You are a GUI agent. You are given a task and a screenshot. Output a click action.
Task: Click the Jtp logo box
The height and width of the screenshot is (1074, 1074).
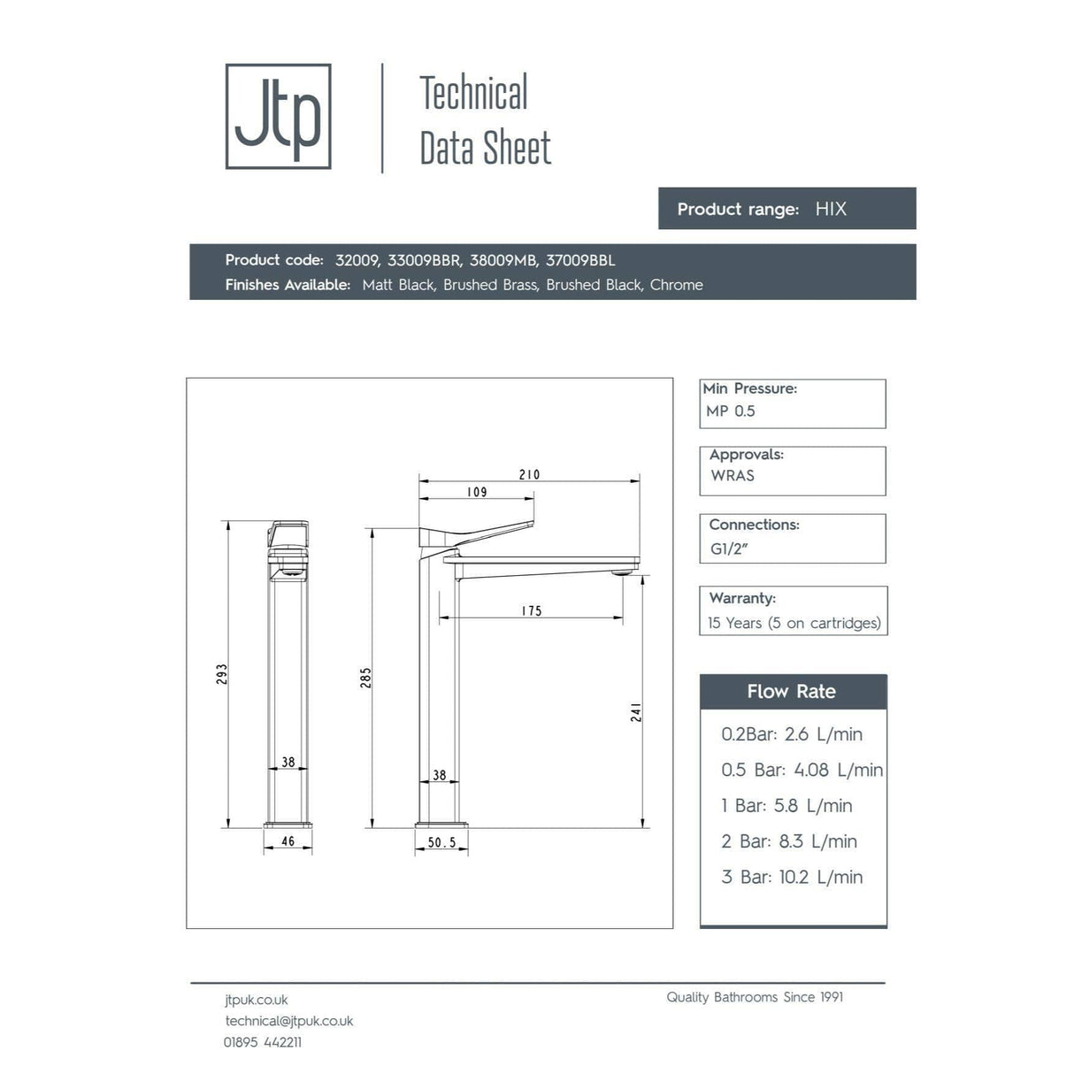coord(278,116)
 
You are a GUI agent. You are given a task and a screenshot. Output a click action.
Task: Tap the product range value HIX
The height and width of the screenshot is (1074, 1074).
coord(831,209)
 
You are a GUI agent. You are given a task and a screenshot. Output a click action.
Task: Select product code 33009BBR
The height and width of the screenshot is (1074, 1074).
coord(424,260)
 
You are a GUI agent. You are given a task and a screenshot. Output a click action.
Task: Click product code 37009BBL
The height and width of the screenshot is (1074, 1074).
coord(580,260)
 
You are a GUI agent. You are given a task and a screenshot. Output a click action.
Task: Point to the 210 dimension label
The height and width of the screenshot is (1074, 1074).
coord(529,474)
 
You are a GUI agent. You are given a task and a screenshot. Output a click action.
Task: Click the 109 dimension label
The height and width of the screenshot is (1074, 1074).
coord(477,492)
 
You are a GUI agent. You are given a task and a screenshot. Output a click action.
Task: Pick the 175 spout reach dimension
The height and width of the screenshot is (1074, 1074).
coord(532,610)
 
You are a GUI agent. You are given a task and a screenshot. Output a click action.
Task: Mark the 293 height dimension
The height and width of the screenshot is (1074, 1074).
coord(222,674)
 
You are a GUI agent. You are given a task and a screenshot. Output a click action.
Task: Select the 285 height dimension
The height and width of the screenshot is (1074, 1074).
coord(366,678)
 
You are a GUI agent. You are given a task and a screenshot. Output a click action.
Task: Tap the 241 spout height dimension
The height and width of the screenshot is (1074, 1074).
coord(636,712)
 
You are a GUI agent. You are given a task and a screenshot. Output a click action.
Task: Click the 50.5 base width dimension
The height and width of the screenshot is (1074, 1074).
coord(441,842)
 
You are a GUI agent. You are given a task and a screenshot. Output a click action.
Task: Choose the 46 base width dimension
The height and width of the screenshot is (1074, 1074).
coord(288,841)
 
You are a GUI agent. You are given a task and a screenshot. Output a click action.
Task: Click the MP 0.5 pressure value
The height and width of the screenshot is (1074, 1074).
coord(731,411)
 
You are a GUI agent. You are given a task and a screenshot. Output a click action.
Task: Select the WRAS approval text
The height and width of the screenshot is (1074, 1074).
coord(733,476)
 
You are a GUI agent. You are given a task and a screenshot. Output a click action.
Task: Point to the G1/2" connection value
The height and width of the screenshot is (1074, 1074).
coord(729,549)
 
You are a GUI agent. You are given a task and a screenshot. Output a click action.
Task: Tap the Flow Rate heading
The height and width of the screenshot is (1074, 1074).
coord(791,692)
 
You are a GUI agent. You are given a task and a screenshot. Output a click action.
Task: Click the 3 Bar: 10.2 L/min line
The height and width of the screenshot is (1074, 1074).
coord(792,877)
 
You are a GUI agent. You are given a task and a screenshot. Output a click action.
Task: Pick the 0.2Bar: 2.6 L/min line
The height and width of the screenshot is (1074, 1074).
coord(792,734)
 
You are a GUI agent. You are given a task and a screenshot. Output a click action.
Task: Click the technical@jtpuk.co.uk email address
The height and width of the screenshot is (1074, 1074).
coord(289,1021)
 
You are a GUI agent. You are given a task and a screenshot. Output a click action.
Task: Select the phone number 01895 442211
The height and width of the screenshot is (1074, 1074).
coord(263,1042)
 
